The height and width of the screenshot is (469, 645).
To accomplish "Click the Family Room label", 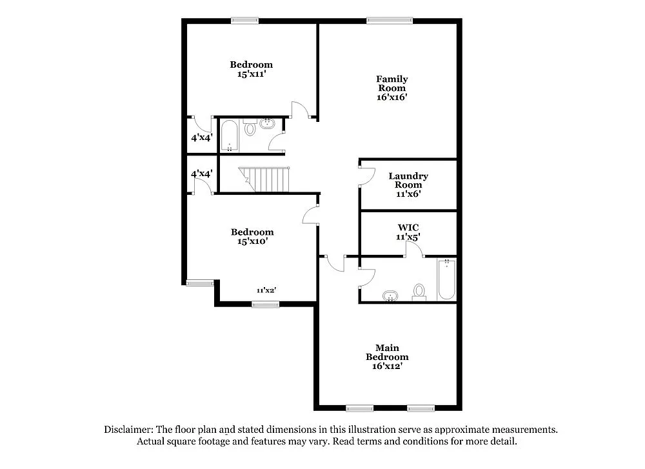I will pos(392,84).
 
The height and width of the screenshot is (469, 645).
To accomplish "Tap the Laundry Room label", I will pos(408,181).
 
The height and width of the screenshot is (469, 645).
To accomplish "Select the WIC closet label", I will pos(408,228).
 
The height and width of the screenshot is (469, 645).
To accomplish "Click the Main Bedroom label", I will pos(387,352).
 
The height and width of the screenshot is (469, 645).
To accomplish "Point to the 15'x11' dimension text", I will pos(252,74).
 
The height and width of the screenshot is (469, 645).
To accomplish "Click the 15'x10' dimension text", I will pos(252,241).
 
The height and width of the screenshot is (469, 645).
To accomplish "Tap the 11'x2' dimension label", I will pos(266,290).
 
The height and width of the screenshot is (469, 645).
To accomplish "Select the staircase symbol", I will pos(265,179).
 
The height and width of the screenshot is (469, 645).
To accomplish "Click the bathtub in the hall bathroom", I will pos(230,135).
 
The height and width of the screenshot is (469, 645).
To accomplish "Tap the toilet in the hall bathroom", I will pos(250,128).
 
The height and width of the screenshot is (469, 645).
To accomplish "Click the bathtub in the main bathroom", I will pos(446,279).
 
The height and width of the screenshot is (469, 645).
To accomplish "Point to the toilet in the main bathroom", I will pos(420,292).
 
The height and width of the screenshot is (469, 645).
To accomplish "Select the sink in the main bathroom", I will pos(390,297).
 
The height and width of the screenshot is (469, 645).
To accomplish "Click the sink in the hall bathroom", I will pos(268,123).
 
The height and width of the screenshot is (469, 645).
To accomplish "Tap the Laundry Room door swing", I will pos(366,176).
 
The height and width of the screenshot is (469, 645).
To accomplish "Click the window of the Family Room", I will pos(390,20).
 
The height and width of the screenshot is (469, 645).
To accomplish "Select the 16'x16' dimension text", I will pos(392,97).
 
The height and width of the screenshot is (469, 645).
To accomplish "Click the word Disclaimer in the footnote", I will pos(127,430).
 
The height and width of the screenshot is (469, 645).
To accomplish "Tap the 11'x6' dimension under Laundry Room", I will pos(408,194).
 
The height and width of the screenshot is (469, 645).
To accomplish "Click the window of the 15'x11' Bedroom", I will pos(244,20).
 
